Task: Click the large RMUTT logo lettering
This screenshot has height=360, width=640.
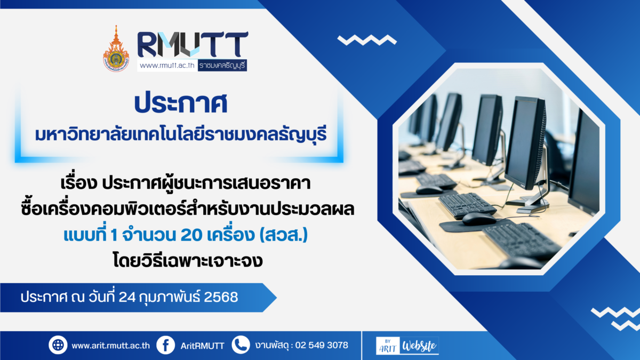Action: (193, 44)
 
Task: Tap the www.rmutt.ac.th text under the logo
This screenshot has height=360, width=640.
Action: (167, 66)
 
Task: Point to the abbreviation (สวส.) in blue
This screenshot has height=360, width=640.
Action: (283, 235)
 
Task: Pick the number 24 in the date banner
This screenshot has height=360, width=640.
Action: (127, 297)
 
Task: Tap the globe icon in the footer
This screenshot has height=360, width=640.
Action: (58, 345)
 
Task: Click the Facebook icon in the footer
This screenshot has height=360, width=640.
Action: (166, 345)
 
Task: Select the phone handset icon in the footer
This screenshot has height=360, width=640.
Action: (241, 345)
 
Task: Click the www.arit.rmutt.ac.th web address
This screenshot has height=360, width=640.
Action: (110, 346)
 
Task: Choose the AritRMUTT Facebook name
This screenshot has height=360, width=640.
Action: (203, 346)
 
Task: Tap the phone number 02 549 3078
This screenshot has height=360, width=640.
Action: (322, 345)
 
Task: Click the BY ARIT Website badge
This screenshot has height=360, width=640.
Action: (407, 346)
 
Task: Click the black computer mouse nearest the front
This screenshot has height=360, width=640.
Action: (479, 219)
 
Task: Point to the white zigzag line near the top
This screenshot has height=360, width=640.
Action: (367, 40)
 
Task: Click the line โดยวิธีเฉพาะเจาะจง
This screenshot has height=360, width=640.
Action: (188, 261)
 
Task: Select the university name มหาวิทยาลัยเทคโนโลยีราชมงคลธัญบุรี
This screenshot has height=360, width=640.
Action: (181, 134)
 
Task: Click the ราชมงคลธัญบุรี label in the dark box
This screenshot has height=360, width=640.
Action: (222, 66)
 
